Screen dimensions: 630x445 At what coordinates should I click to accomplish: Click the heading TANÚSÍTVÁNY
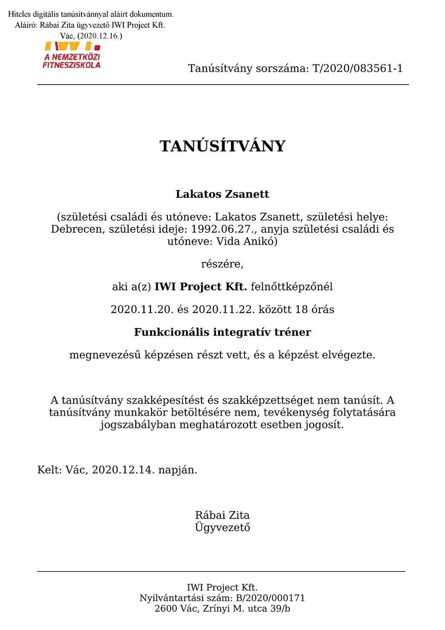(x=222, y=146)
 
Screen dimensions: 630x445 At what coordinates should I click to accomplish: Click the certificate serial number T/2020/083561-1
(x=358, y=68)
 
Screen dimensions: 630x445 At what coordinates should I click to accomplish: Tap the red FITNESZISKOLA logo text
(x=71, y=65)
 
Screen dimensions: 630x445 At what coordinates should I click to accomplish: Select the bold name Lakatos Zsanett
(x=222, y=194)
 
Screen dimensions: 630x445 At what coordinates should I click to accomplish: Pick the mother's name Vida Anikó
(x=247, y=241)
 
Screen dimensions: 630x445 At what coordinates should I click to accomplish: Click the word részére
(x=222, y=264)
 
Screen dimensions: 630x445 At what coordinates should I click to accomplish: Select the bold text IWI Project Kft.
(x=201, y=287)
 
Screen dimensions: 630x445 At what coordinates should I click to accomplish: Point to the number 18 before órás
(x=302, y=309)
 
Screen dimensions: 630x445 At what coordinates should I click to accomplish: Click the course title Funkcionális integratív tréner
(x=222, y=332)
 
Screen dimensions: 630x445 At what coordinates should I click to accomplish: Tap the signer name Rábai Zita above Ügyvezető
(x=222, y=515)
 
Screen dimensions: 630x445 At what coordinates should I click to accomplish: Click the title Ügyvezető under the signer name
(x=222, y=527)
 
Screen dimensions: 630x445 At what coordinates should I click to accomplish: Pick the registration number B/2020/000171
(x=270, y=598)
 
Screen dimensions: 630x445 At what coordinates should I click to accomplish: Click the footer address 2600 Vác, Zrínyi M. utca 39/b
(x=222, y=609)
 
